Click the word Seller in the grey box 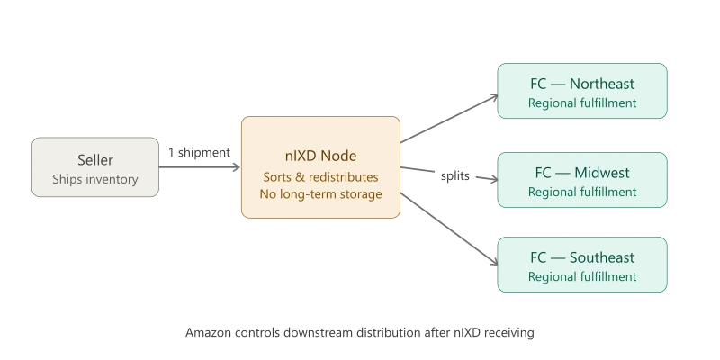pyautogui.click(x=94, y=160)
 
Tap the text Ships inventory pyautogui.click(x=94, y=179)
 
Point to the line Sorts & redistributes pyautogui.click(x=319, y=176)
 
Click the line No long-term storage pyautogui.click(x=319, y=193)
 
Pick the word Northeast pyautogui.click(x=602, y=85)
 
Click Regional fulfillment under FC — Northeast pyautogui.click(x=582, y=103)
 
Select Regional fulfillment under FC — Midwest pyautogui.click(x=582, y=192)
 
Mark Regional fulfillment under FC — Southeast pyautogui.click(x=582, y=277)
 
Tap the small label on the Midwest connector pyautogui.click(x=455, y=177)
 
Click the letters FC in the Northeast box pyautogui.click(x=539, y=85)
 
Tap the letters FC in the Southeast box pyautogui.click(x=539, y=258)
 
